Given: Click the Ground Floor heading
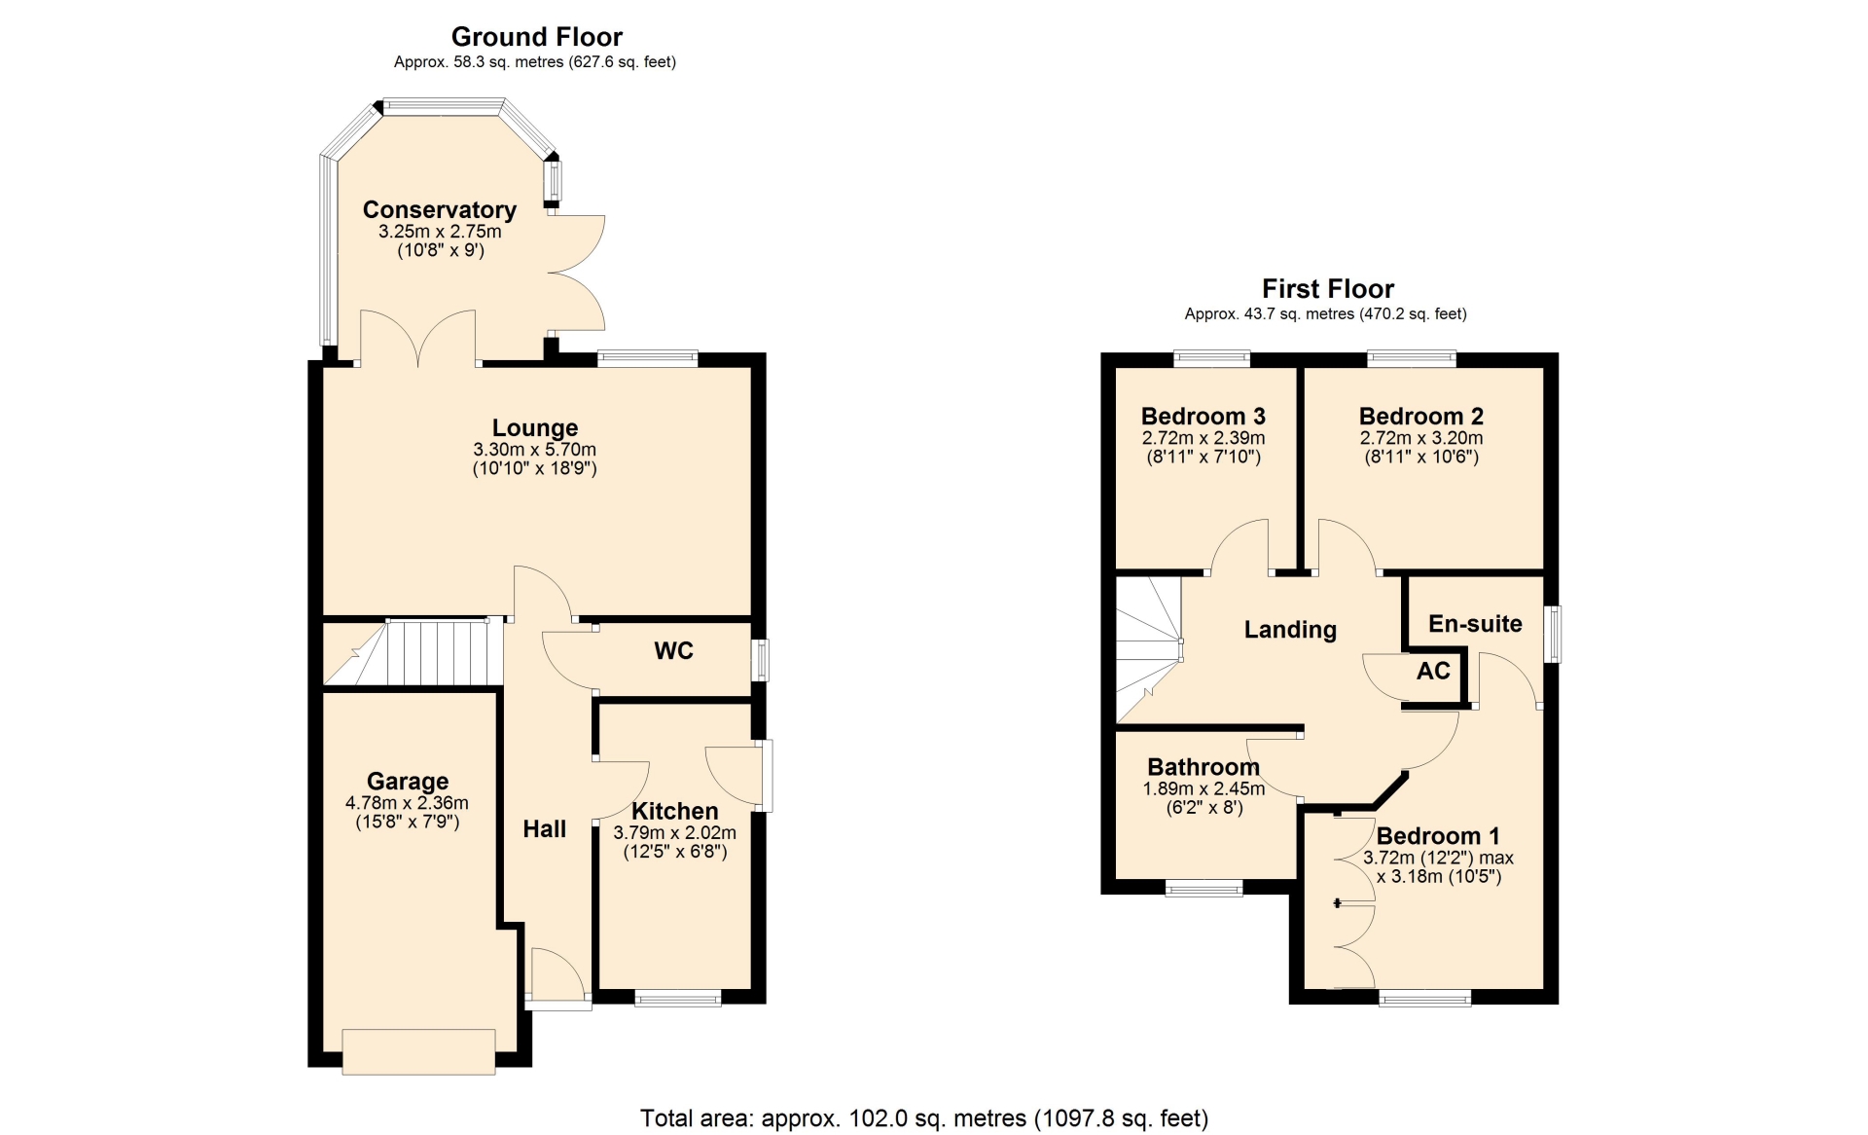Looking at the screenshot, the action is click(x=536, y=37).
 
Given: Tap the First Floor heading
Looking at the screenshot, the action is click(x=1328, y=289).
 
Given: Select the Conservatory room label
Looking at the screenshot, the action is click(x=440, y=210).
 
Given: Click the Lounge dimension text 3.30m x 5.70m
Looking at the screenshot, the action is click(x=535, y=450).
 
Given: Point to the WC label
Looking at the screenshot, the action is click(x=674, y=651).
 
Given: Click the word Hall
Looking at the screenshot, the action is click(x=545, y=829).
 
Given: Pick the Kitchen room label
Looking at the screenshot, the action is click(x=675, y=812).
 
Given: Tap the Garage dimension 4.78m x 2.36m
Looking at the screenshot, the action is click(x=407, y=803).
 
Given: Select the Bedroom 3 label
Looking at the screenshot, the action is click(x=1203, y=417).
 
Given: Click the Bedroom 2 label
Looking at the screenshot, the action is click(x=1421, y=417).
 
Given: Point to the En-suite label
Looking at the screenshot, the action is click(x=1475, y=624).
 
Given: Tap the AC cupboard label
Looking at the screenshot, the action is click(x=1434, y=671).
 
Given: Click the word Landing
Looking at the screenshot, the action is click(x=1290, y=630).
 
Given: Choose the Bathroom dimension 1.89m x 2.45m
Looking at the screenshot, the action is click(x=1204, y=788).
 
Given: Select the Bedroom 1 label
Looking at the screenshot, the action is click(x=1438, y=836).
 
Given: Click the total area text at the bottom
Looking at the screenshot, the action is click(x=924, y=1118).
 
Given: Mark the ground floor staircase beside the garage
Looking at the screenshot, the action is click(x=413, y=651).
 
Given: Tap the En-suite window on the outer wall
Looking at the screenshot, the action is click(x=1554, y=635).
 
